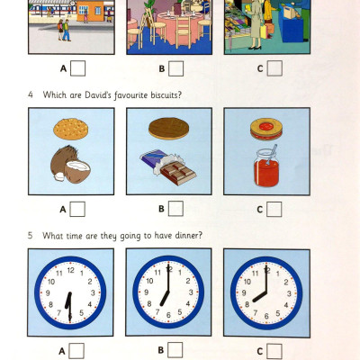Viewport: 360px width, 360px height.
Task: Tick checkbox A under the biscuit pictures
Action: pos(78,209)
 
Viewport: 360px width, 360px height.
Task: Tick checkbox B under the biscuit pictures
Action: pos(175,209)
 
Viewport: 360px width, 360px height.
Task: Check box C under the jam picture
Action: pos(273,209)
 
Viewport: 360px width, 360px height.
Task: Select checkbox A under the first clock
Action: pos(78,351)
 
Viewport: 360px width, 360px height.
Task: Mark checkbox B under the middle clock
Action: pos(175,350)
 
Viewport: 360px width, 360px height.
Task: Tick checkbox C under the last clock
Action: pos(273,350)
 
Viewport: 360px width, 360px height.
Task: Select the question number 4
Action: pos(31,97)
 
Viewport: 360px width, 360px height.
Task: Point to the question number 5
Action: pos(31,237)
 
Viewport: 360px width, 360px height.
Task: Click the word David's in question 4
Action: pos(95,97)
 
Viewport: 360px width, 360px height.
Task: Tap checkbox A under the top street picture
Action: pos(78,67)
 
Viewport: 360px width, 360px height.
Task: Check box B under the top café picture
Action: pos(175,67)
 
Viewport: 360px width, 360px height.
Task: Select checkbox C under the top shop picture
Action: pos(273,67)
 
